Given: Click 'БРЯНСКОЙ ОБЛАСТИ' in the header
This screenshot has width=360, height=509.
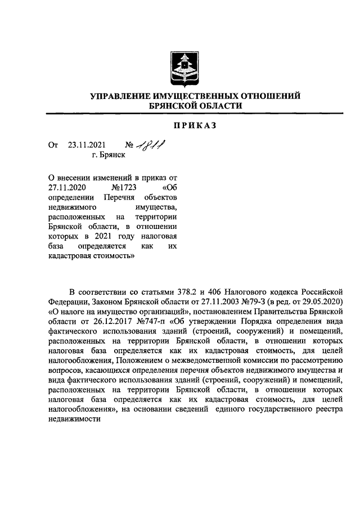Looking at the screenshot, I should tap(194, 106).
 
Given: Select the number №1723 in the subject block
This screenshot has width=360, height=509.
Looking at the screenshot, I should tap(125, 188).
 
